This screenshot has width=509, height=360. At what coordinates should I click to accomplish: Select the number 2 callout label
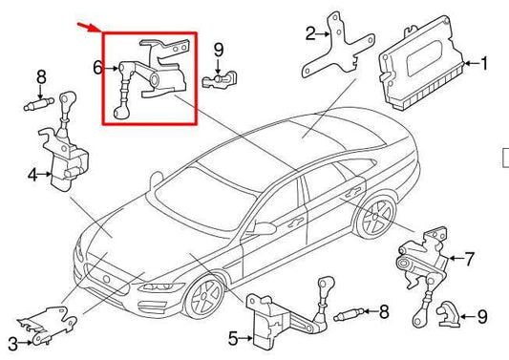click(310, 34)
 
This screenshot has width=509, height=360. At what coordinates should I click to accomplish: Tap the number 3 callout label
click(11, 343)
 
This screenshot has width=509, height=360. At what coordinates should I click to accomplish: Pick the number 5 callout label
click(232, 337)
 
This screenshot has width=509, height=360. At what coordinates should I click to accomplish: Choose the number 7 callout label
click(469, 258)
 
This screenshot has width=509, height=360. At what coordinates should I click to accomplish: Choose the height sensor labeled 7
click(420, 255)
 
